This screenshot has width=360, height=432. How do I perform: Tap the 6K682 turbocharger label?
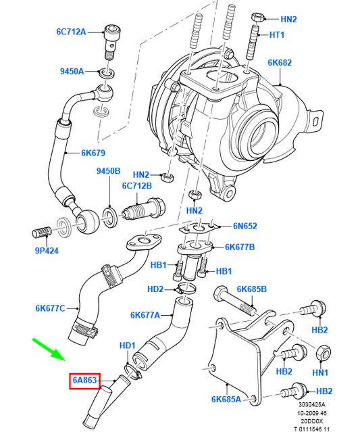(x=279, y=63)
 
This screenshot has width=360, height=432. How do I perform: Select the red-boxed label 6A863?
(x=86, y=381)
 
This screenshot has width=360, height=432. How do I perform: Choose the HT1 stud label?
(x=277, y=35)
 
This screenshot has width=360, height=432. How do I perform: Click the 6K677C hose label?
(x=50, y=309)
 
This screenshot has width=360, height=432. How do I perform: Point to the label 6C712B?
(x=136, y=186)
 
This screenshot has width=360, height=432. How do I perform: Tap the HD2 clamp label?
(x=155, y=290)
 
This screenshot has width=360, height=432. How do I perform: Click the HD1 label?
(x=128, y=346)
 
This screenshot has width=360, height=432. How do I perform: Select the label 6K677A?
(x=146, y=315)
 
